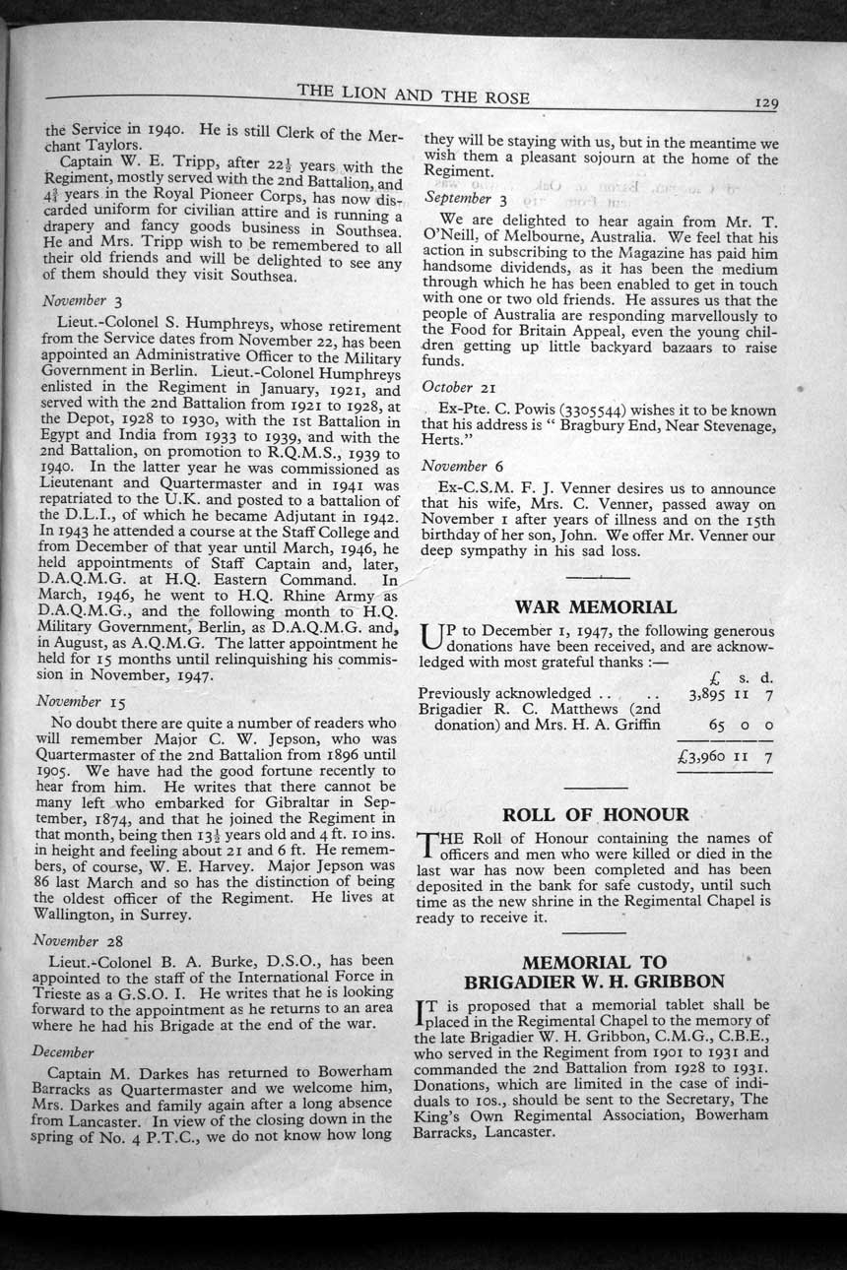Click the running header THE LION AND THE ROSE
click(x=414, y=95)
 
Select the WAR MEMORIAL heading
click(x=595, y=606)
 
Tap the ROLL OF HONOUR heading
click(x=595, y=814)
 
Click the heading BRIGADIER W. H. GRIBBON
click(x=594, y=981)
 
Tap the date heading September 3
click(x=465, y=198)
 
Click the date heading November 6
click(x=462, y=466)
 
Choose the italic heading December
click(x=63, y=1051)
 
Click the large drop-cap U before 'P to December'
click(x=430, y=641)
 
